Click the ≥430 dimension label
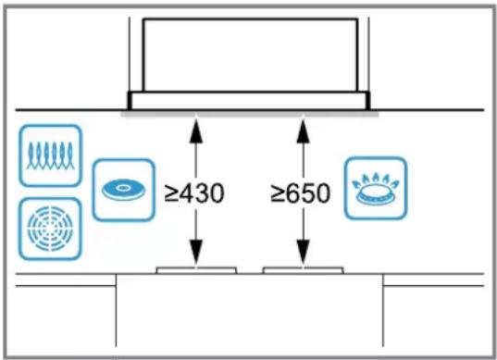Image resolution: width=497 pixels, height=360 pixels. coord(194,193)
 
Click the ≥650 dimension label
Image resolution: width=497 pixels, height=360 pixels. coord(301,193)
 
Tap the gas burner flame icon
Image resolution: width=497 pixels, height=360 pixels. coord(376,188)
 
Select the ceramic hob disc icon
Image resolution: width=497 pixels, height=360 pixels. coord(124,190)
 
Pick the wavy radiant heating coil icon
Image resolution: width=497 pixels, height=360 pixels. coord(50,155)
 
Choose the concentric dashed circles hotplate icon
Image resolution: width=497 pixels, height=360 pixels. coord(50,229)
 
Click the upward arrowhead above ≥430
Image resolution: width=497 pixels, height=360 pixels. coord(196,130)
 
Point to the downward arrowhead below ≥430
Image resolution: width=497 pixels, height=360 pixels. coord(196,253)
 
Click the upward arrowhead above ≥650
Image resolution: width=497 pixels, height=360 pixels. coord(304,130)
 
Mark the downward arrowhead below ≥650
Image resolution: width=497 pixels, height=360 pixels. coord(304,253)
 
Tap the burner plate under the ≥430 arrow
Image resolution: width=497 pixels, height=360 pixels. coord(196,270)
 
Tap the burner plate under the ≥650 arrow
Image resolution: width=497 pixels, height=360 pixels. coord(304,270)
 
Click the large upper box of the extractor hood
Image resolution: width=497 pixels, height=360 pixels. coord(251,56)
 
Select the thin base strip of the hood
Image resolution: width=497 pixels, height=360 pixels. coord(249,101)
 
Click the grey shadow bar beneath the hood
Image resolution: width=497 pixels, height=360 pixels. coord(250,114)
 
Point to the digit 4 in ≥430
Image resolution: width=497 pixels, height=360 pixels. coord(188,193)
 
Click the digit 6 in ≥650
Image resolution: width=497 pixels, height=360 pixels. coord(294,193)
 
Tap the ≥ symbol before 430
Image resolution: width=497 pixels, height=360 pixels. coord(172,194)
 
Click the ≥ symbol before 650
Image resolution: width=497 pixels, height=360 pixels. coord(278,194)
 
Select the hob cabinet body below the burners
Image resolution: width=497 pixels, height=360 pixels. coord(250,310)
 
